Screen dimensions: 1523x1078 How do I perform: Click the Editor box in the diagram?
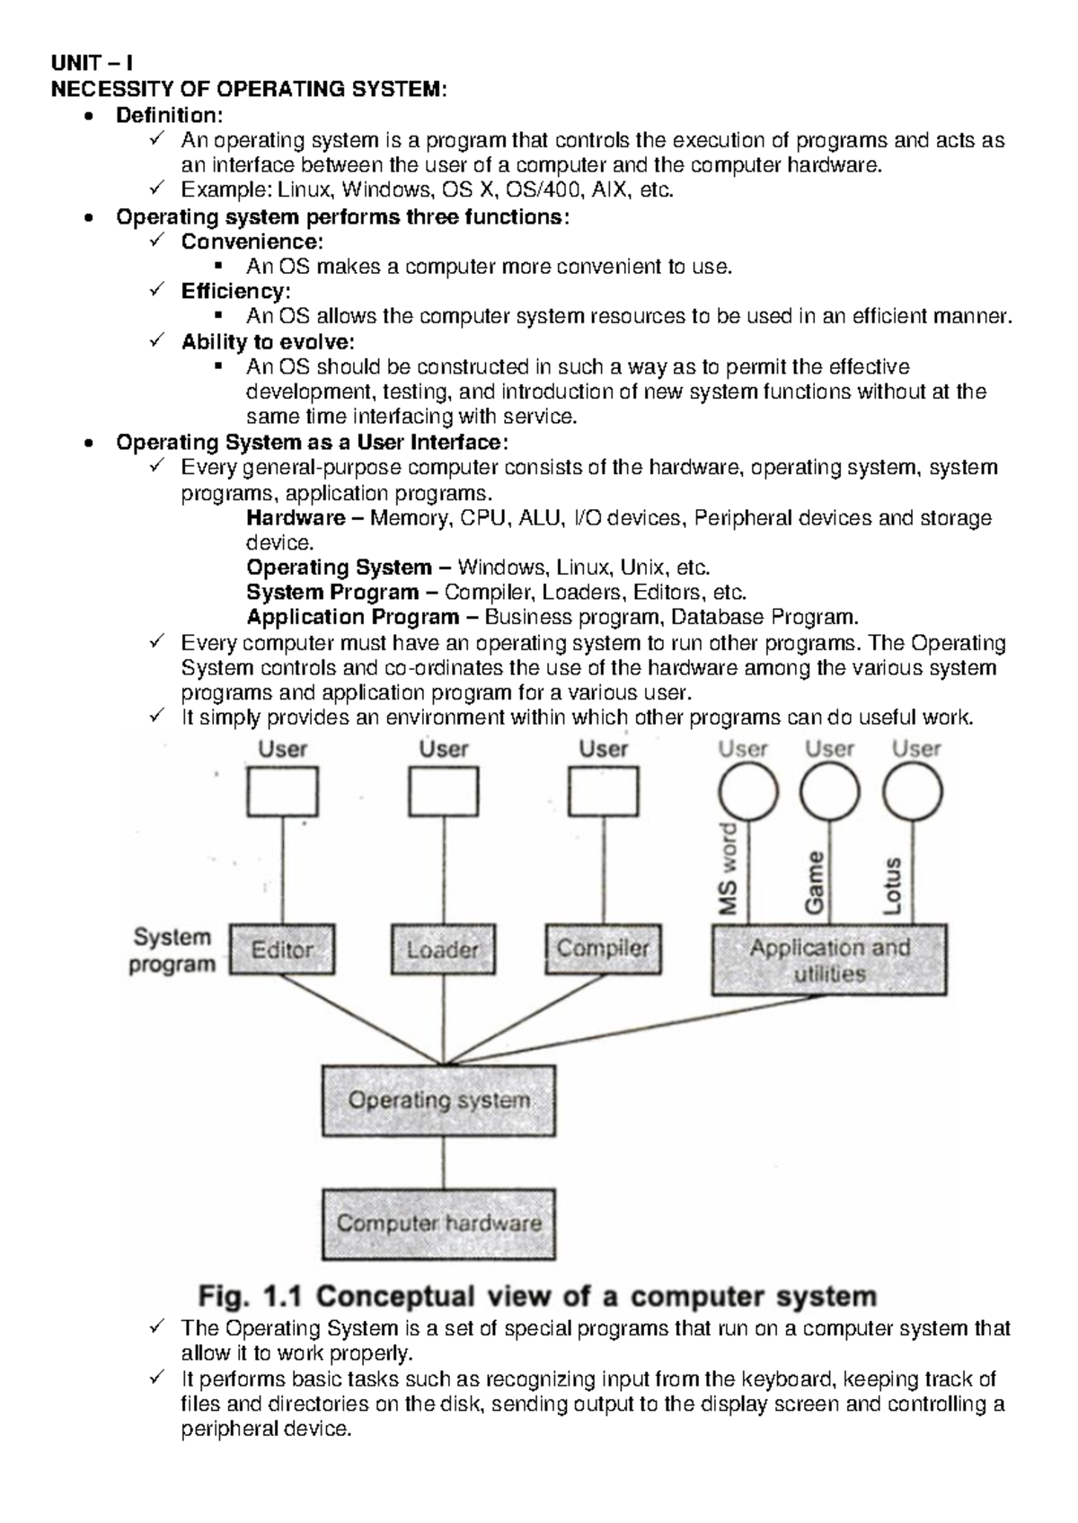(281, 949)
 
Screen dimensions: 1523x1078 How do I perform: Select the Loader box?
(441, 949)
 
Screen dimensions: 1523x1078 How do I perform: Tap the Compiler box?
(603, 949)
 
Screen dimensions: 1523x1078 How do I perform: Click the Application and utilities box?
(828, 961)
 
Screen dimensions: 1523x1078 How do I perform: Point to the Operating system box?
(438, 1100)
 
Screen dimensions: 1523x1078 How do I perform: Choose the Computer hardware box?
(438, 1223)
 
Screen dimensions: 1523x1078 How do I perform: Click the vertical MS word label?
(729, 868)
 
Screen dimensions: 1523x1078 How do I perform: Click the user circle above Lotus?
(913, 794)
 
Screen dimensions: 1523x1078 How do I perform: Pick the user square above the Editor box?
(282, 794)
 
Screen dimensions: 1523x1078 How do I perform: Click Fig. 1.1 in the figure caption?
(252, 1297)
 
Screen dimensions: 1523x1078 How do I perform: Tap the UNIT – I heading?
(93, 64)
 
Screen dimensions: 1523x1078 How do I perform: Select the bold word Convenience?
(250, 242)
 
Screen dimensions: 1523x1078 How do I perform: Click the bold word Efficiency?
(234, 291)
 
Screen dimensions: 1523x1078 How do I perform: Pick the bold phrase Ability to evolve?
(267, 341)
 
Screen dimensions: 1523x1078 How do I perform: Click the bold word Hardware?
(296, 518)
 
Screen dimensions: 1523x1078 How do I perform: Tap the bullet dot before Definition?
(87, 117)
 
